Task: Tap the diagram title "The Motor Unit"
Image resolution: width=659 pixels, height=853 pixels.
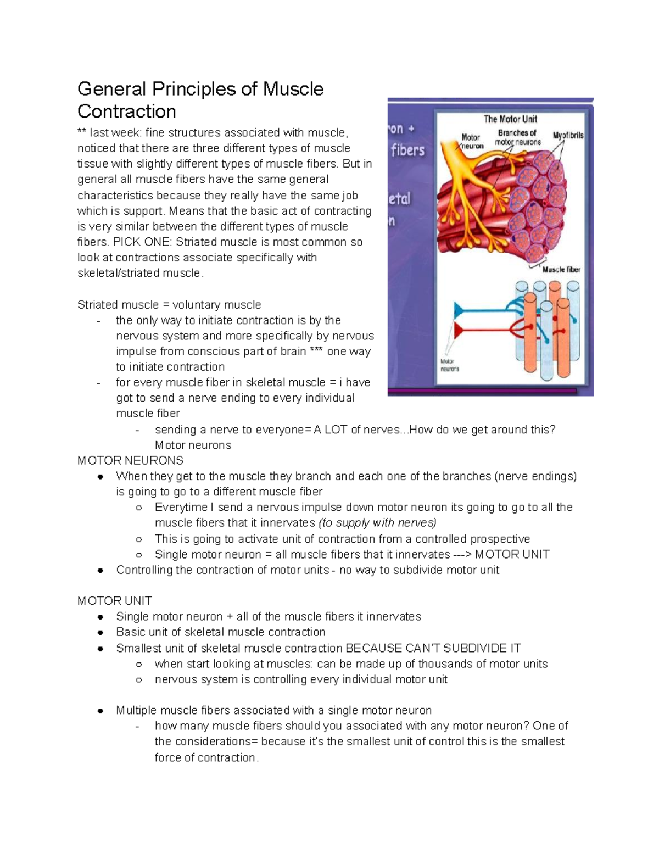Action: click(x=510, y=119)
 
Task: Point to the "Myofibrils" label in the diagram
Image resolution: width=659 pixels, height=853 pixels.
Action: click(x=568, y=135)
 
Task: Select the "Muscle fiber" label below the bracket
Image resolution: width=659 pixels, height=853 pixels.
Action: click(x=561, y=270)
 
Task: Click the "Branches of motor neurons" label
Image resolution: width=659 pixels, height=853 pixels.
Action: click(x=517, y=137)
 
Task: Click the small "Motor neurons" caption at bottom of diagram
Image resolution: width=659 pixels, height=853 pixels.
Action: click(x=450, y=365)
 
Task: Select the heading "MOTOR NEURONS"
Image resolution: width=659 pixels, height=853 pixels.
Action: click(x=130, y=460)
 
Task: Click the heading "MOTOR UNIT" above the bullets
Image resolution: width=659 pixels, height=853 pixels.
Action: click(x=114, y=601)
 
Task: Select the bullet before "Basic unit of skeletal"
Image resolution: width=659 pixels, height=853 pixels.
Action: click(x=100, y=633)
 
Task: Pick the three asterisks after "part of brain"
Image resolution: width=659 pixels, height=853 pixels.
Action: click(x=316, y=352)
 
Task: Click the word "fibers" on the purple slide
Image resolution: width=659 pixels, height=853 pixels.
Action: click(x=407, y=150)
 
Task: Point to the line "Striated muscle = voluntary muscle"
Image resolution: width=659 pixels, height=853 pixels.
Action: click(x=169, y=305)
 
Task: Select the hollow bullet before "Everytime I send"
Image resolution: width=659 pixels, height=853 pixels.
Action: click(x=139, y=508)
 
